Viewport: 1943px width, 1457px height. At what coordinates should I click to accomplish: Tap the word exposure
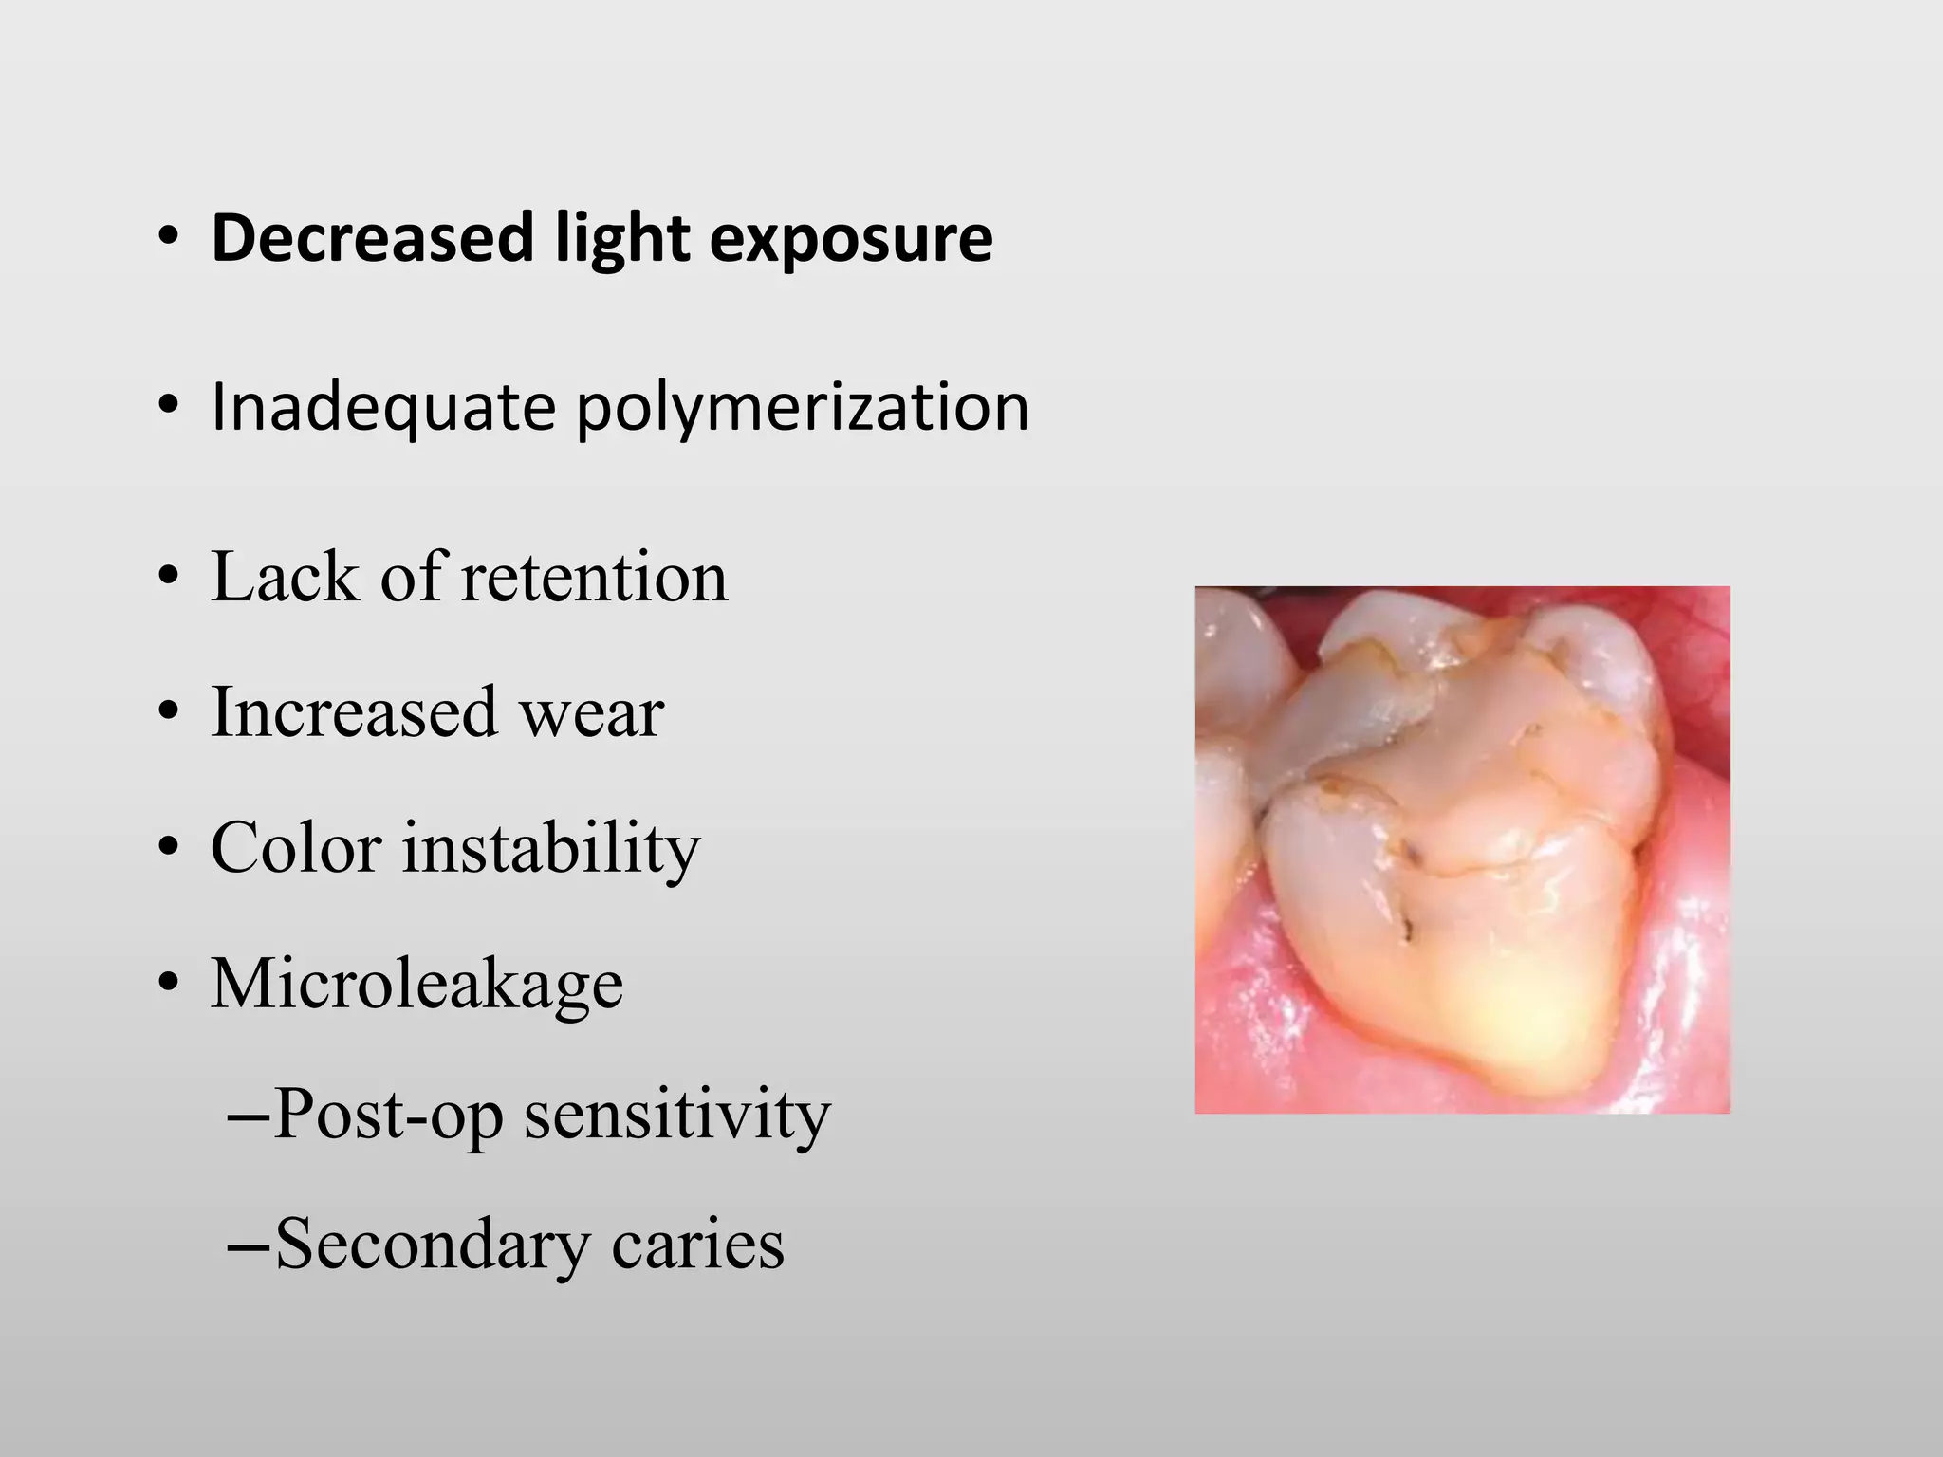[x=851, y=238]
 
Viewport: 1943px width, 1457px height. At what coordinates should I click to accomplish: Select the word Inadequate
[x=382, y=408]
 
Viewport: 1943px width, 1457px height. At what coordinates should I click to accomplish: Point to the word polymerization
[x=803, y=408]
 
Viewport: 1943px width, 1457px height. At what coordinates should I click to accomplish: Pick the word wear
[x=591, y=712]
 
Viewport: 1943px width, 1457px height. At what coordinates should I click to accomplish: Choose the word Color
[x=296, y=846]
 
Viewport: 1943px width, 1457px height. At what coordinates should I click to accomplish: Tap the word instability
[x=550, y=848]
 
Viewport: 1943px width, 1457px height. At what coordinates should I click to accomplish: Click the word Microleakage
[x=416, y=983]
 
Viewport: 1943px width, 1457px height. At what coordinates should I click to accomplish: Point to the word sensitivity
[x=677, y=1116]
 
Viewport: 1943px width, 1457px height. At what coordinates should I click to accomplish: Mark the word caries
[x=697, y=1245]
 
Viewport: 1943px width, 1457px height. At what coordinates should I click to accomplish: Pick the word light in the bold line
[x=622, y=238]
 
